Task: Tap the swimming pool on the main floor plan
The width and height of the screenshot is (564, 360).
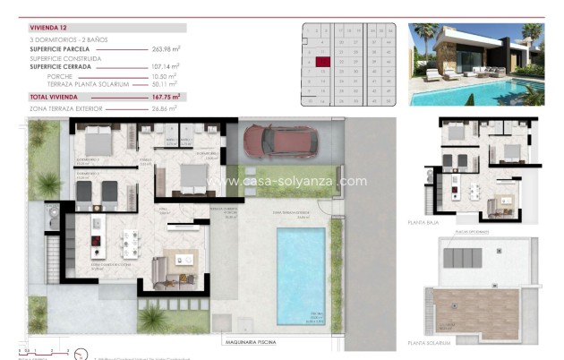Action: [301, 275]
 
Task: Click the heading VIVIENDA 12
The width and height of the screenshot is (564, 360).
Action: [50, 28]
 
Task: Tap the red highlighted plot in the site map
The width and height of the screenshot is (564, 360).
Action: [323, 61]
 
